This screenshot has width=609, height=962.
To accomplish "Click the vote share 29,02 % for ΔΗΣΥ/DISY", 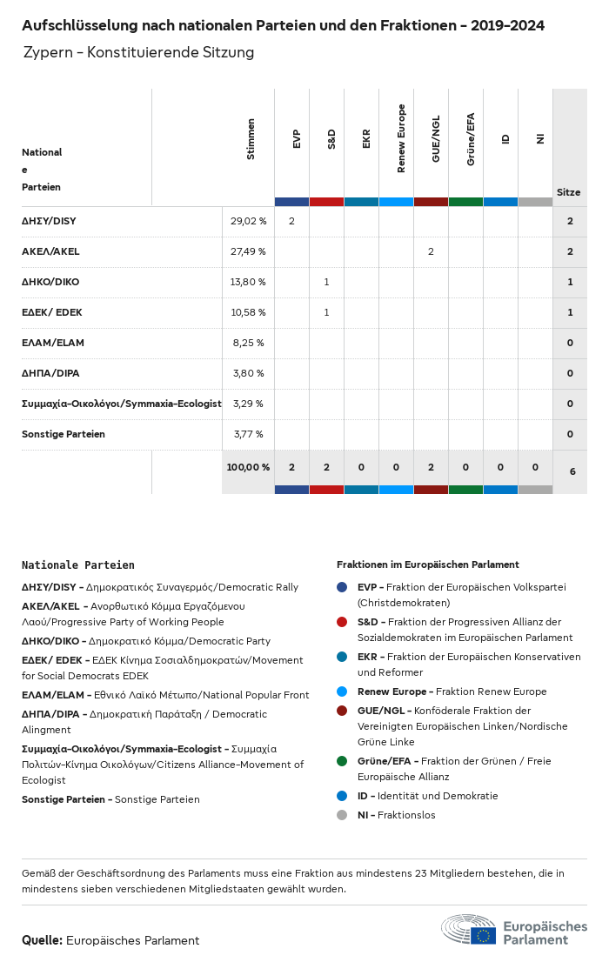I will tap(248, 221).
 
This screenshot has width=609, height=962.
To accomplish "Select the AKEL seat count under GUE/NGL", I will tap(431, 251).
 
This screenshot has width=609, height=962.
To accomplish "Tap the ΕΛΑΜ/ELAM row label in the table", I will tap(53, 343).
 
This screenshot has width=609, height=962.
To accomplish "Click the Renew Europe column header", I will tap(401, 138).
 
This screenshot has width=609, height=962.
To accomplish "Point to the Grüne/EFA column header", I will tap(471, 138).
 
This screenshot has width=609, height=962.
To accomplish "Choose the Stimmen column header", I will tap(251, 138).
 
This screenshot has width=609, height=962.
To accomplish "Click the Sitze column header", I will tap(569, 192).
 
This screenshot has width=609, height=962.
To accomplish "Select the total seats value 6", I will tap(572, 471).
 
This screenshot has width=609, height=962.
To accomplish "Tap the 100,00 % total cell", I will tap(248, 467).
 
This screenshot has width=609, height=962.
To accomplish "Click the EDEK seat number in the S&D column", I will tap(326, 312).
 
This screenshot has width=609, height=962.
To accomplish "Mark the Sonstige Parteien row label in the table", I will tap(64, 434).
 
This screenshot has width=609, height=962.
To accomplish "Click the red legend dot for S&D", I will tap(342, 622).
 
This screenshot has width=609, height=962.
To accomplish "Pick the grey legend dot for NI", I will tap(342, 815).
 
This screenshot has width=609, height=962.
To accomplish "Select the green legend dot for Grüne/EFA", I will tap(342, 761).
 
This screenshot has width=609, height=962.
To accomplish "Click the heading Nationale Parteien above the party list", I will tap(78, 565).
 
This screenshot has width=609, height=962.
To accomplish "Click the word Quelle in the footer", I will tap(41, 940).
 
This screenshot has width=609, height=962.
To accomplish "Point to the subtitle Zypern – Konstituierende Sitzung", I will tap(139, 52).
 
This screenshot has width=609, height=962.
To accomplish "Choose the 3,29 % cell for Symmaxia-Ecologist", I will tap(248, 404).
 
